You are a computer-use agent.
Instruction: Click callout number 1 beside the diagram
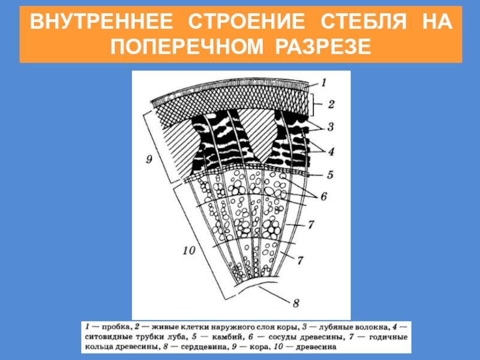coord(324,82)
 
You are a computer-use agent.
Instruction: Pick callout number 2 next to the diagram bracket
coord(331,104)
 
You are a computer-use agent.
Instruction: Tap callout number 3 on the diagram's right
coord(331,127)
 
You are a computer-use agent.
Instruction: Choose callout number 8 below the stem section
coord(296,302)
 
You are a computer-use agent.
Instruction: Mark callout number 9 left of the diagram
coord(150,158)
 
